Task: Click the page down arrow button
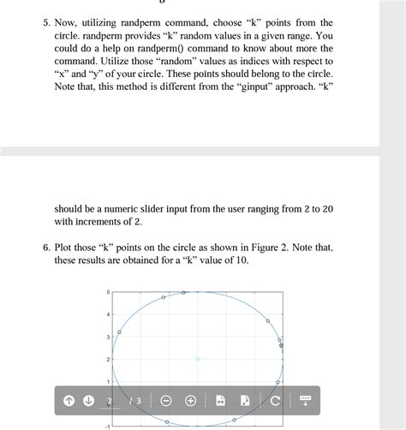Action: click(89, 401)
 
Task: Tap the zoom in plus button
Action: click(190, 401)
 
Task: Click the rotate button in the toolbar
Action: click(275, 401)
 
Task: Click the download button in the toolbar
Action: click(306, 401)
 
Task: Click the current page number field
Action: click(110, 401)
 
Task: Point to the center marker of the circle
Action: click(197, 359)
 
